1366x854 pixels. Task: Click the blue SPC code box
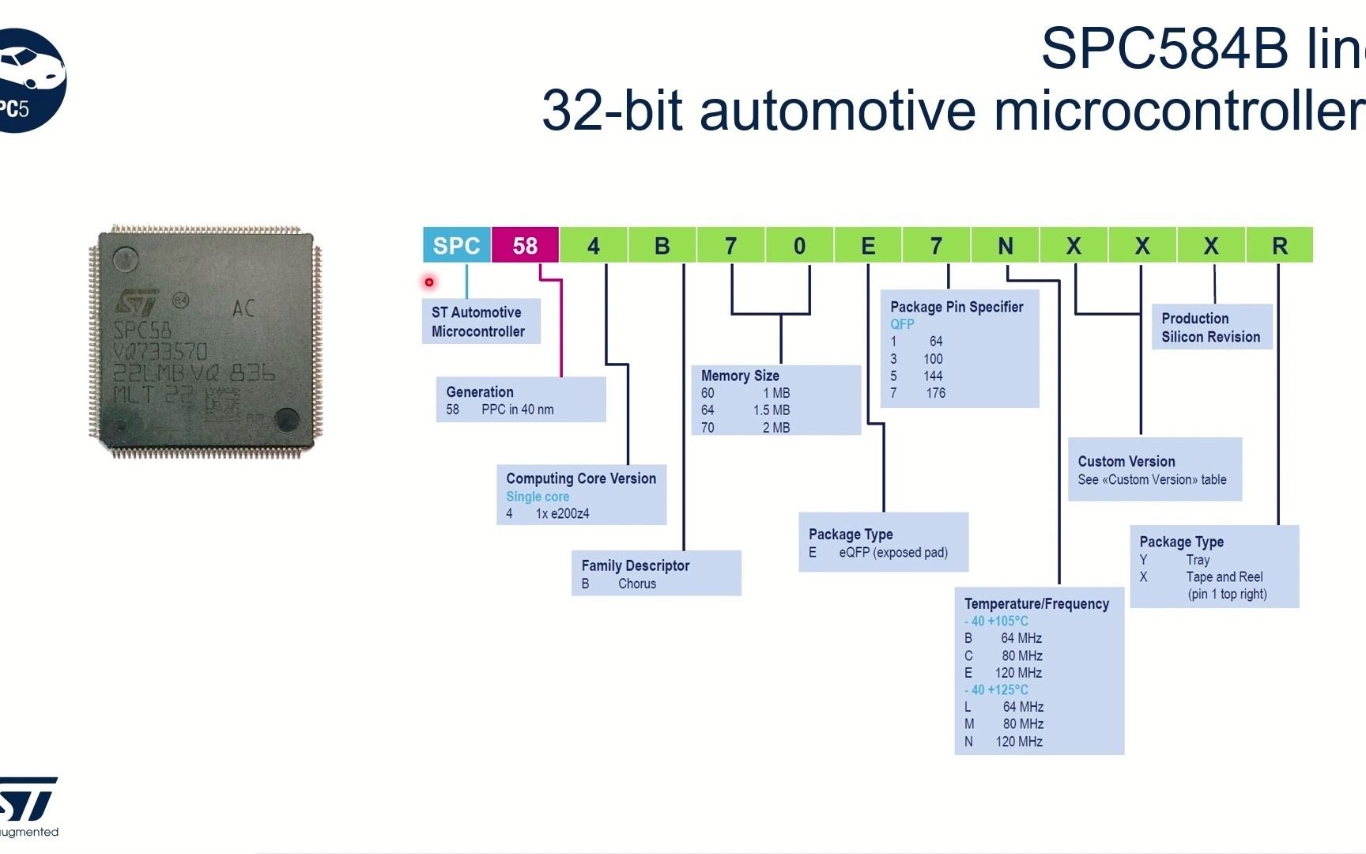457,245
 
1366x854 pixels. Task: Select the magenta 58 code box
525,245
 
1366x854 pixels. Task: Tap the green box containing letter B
662,245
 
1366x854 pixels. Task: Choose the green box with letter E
868,245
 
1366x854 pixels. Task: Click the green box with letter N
1005,245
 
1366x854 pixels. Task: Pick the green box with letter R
1279,245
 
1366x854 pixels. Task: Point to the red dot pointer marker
429,282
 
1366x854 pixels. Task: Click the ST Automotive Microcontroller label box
481,322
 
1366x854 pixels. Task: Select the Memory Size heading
740,376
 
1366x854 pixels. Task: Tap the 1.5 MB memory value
772,410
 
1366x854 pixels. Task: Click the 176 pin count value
935,393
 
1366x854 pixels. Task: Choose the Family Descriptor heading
636,565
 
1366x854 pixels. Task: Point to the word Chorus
637,584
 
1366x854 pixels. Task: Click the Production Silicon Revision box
1211,327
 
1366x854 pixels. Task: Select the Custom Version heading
1126,461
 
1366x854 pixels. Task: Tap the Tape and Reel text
1224,576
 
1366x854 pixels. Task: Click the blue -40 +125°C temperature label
996,690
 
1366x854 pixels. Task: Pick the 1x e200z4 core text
562,514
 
